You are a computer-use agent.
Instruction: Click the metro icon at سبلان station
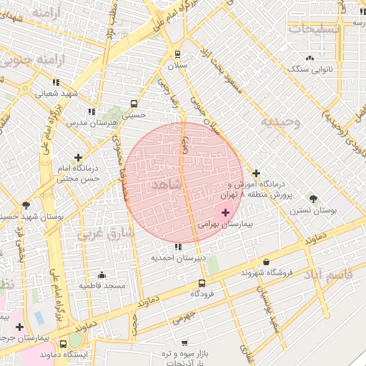(177, 54)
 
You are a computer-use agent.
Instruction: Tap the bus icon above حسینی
(135, 102)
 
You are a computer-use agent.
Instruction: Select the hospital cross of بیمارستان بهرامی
(226, 212)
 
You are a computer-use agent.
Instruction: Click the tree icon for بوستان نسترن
(312, 198)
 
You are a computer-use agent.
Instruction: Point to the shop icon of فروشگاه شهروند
(267, 262)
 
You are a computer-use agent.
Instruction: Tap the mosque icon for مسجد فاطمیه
(102, 274)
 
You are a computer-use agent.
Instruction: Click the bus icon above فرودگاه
(202, 282)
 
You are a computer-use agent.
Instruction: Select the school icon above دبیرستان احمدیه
(178, 247)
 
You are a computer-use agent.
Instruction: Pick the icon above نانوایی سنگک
(309, 58)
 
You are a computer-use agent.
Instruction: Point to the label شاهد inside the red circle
(167, 184)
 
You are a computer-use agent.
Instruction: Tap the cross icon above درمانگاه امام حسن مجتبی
(78, 157)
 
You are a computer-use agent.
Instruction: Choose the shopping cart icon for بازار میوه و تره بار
(185, 343)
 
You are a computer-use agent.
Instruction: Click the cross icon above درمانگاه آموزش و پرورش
(256, 172)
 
